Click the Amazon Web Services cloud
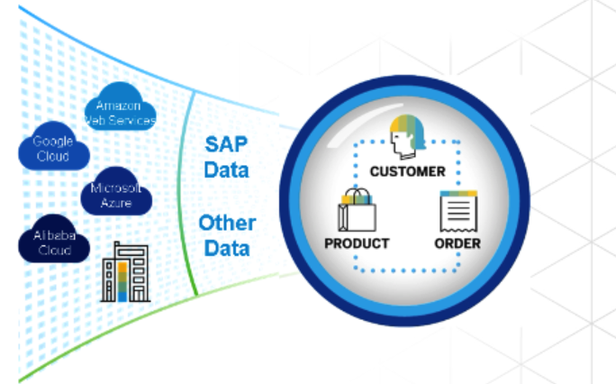click(x=120, y=113)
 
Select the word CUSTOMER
click(x=407, y=170)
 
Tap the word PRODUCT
click(x=357, y=243)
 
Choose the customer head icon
click(x=405, y=138)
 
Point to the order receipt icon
click(x=457, y=213)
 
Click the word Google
click(x=52, y=142)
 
